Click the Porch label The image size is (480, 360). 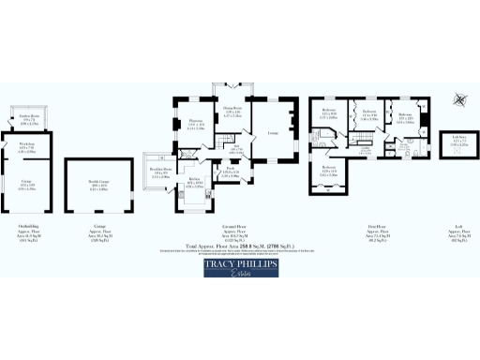pos(229,172)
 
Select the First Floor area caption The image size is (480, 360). pos(377,231)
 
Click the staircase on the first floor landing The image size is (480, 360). pos(367,147)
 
